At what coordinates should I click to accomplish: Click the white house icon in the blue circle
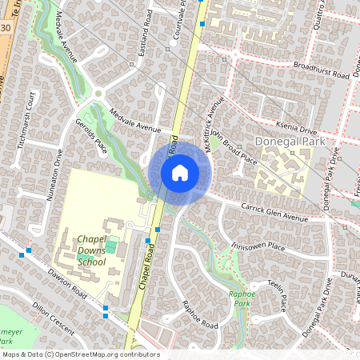[180, 173]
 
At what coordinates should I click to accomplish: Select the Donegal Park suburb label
[290, 141]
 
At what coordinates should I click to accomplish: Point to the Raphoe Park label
[242, 298]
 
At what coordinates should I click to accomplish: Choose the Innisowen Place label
[258, 246]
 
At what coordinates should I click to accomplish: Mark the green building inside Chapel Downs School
[111, 246]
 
